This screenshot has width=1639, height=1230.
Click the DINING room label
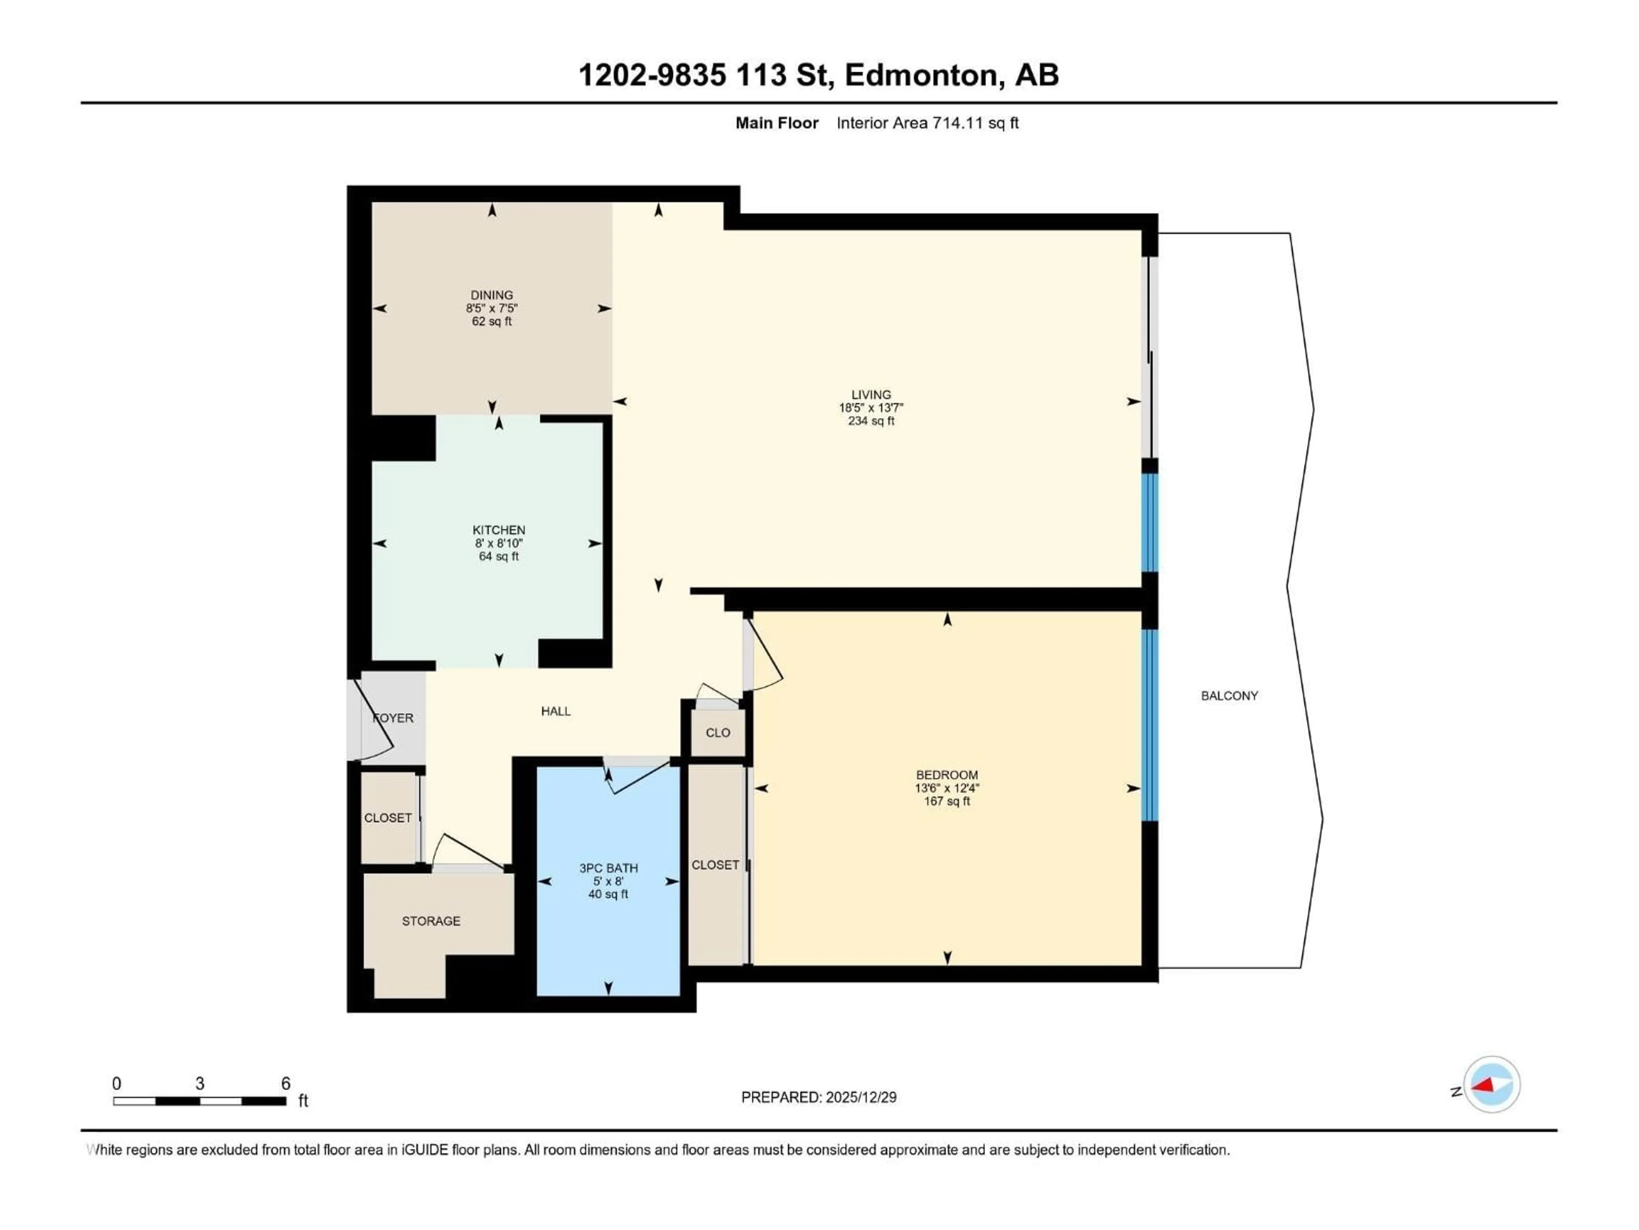[x=491, y=295]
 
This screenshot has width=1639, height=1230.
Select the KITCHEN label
[x=499, y=530]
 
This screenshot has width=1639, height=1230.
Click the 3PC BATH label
[x=608, y=868]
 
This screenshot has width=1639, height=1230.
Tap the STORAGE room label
[x=431, y=921]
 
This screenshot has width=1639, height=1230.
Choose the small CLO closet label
[x=717, y=732]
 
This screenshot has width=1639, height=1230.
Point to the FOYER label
[x=394, y=717]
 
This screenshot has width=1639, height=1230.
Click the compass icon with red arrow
[x=1492, y=1085]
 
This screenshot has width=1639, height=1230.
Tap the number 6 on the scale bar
[x=285, y=1083]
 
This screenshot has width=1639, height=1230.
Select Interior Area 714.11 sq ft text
[x=927, y=123]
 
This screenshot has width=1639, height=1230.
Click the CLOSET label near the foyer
[x=388, y=818]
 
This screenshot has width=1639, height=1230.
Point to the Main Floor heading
[x=776, y=123]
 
